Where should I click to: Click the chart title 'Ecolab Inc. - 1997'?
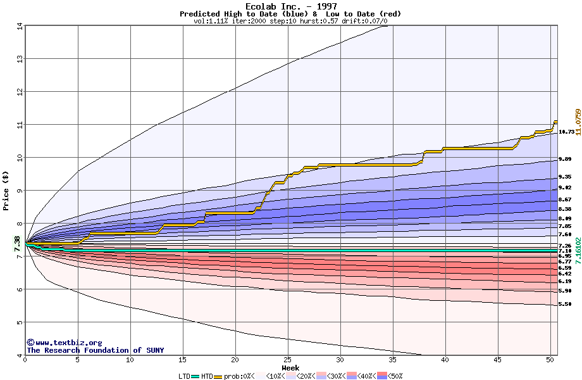(290, 6)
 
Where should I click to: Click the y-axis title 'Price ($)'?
(6, 189)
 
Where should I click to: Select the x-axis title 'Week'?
(290, 368)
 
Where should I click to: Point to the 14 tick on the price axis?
(20, 26)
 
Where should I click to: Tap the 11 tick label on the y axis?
(20, 125)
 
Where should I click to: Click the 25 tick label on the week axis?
(288, 360)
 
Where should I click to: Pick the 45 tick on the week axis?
(498, 360)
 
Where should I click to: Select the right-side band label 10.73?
(566, 132)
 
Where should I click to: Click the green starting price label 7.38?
(17, 243)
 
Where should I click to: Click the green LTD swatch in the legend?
(195, 376)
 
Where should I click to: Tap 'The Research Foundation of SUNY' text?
(95, 350)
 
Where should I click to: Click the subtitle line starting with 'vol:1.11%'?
(290, 21)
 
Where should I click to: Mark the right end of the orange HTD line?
(557, 121)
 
